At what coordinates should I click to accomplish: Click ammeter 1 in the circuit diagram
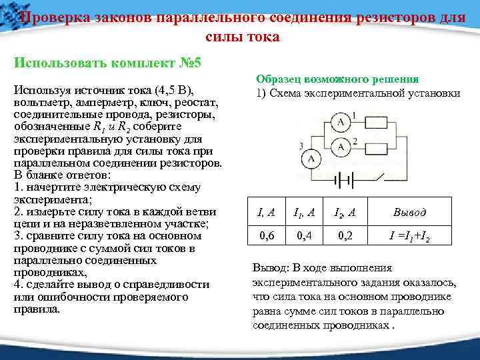[340, 123]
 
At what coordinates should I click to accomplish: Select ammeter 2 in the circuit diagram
[340, 146]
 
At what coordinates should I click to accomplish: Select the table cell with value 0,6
[266, 236]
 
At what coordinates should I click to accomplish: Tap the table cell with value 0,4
[305, 236]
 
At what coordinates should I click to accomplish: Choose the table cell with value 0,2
[346, 236]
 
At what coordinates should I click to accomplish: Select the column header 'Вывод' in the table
[409, 213]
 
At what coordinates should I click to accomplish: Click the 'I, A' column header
[266, 213]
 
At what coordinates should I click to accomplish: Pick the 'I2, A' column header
[346, 213]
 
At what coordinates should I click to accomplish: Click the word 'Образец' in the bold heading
[276, 79]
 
